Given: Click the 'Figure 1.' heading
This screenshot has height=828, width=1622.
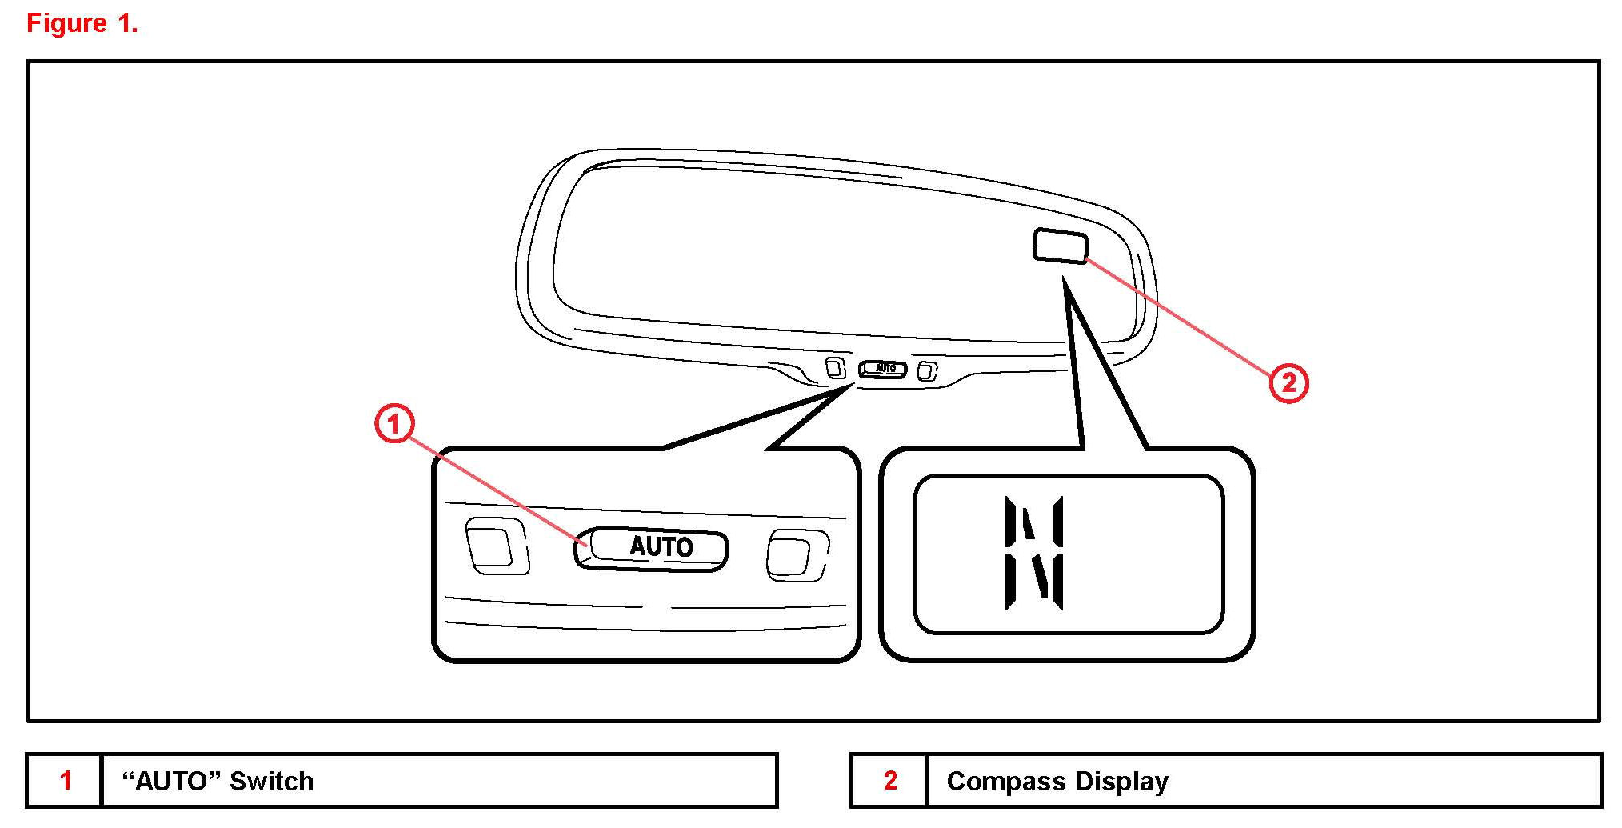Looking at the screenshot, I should click(82, 23).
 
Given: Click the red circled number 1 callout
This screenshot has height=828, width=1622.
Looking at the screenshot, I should click(394, 424).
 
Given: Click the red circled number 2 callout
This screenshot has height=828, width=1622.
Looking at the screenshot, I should click(1288, 383).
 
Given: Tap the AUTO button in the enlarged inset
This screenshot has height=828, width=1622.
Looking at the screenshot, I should click(651, 548).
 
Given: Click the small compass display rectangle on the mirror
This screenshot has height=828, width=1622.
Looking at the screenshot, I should click(1060, 246).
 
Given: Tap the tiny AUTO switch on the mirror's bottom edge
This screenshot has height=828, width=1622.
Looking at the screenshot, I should click(883, 369).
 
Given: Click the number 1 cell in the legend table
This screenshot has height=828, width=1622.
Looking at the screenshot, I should click(66, 781).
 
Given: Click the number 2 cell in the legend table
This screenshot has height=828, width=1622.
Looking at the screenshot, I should click(889, 781).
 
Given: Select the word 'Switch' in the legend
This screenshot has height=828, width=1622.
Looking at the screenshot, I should click(271, 782).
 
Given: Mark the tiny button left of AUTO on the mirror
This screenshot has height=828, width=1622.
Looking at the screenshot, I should click(835, 368).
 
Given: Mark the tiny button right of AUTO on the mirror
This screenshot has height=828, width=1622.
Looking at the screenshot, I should click(927, 370).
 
